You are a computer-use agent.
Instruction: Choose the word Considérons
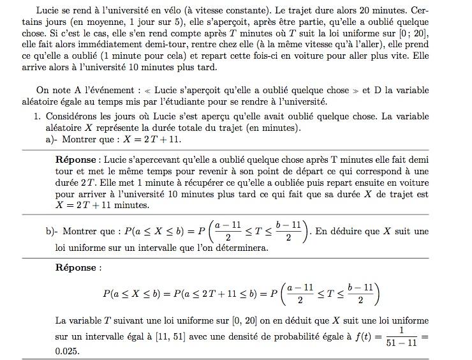70,116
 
